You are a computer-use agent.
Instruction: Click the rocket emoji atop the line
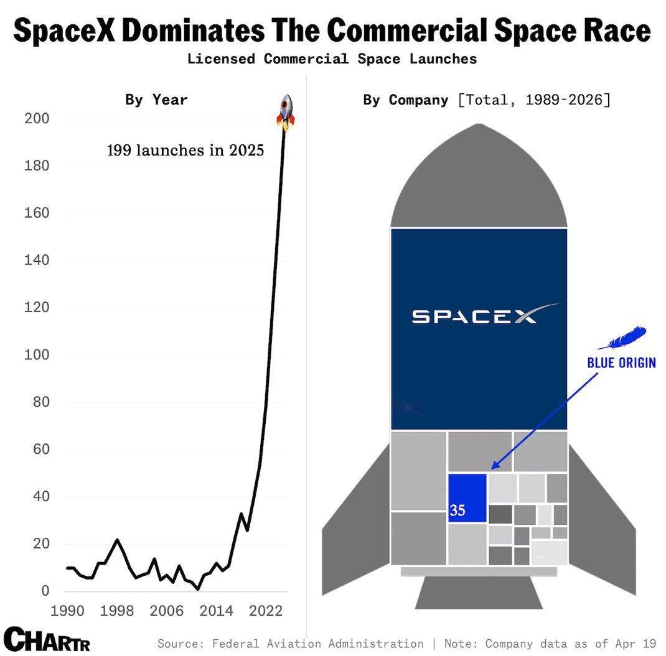tap(285, 112)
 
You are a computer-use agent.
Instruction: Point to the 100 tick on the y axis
tap(36, 355)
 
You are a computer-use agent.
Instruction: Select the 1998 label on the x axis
tap(118, 610)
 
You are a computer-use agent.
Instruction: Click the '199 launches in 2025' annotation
tap(185, 150)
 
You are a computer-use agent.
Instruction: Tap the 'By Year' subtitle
tap(156, 99)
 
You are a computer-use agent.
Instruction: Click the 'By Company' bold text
tap(405, 99)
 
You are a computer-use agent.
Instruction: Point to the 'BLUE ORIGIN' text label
tap(621, 362)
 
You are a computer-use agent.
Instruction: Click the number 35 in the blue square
tap(457, 511)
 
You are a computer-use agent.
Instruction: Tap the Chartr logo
tap(47, 639)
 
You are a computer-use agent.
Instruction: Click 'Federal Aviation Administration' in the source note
tap(318, 644)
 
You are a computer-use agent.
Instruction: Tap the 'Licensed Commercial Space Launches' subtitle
tap(332, 59)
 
